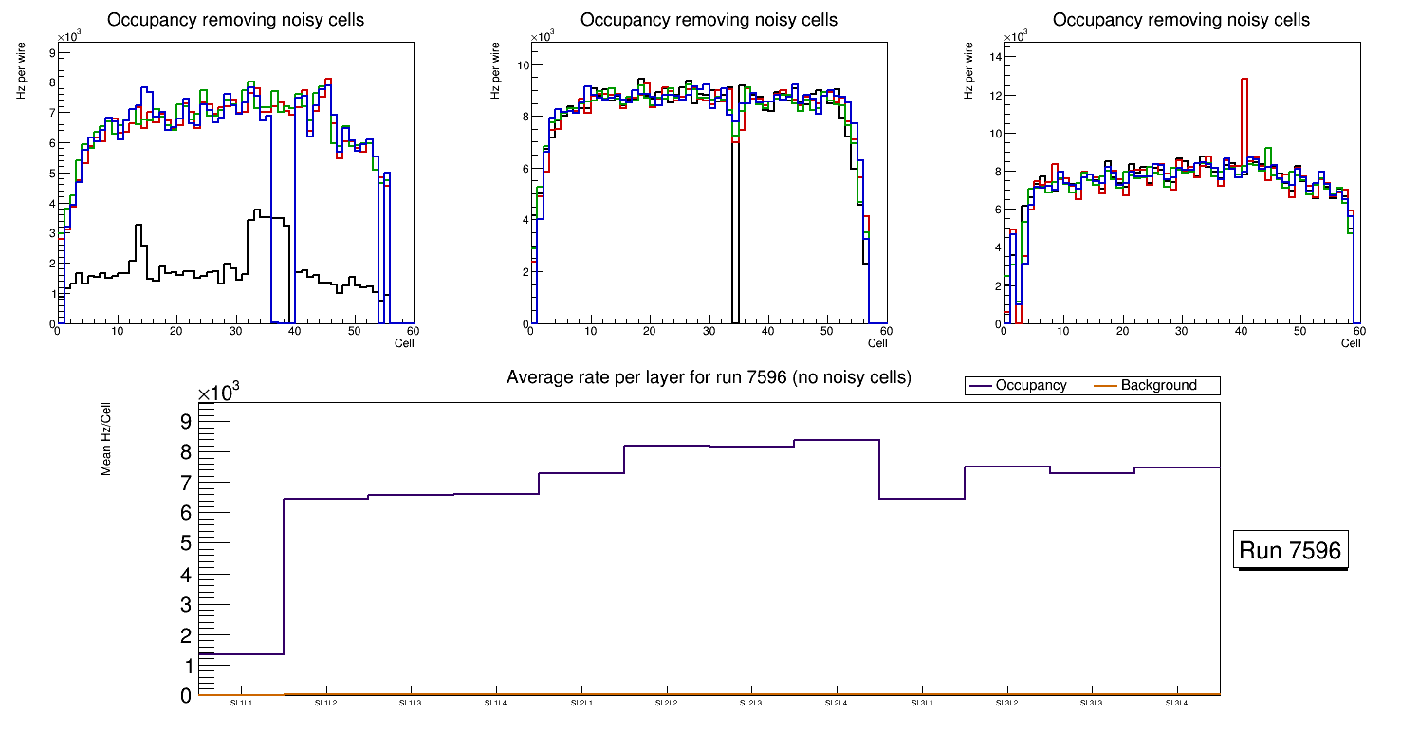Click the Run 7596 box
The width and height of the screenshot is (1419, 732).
pos(1292,551)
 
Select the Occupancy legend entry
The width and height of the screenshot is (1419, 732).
pos(1030,386)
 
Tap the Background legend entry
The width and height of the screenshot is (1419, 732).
pos(1158,386)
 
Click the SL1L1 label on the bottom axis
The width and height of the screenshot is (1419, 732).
pos(242,703)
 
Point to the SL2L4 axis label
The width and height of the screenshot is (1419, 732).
pos(836,703)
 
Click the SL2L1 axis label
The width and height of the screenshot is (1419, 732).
pos(581,703)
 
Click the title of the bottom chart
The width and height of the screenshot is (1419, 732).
pos(709,377)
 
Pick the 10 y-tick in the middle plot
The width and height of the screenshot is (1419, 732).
pos(523,64)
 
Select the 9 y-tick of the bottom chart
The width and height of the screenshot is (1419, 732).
pos(186,421)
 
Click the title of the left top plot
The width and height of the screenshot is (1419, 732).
pos(235,20)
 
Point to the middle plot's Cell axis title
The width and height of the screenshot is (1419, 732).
pos(877,342)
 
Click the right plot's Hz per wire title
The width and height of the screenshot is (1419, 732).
pos(969,70)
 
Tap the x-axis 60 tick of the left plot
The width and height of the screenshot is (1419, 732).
pos(413,331)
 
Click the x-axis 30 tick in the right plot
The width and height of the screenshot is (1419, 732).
pos(1181,331)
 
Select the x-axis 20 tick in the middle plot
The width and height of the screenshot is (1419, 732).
pos(649,331)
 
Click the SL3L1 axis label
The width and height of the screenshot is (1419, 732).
pos(921,703)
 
